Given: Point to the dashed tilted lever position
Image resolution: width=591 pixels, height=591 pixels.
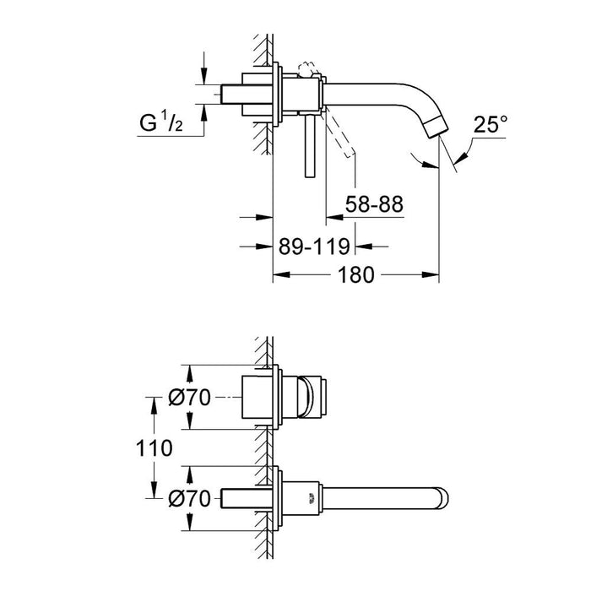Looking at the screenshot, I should click(342, 136).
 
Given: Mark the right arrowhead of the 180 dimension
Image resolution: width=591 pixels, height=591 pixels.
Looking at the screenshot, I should click(434, 275).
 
